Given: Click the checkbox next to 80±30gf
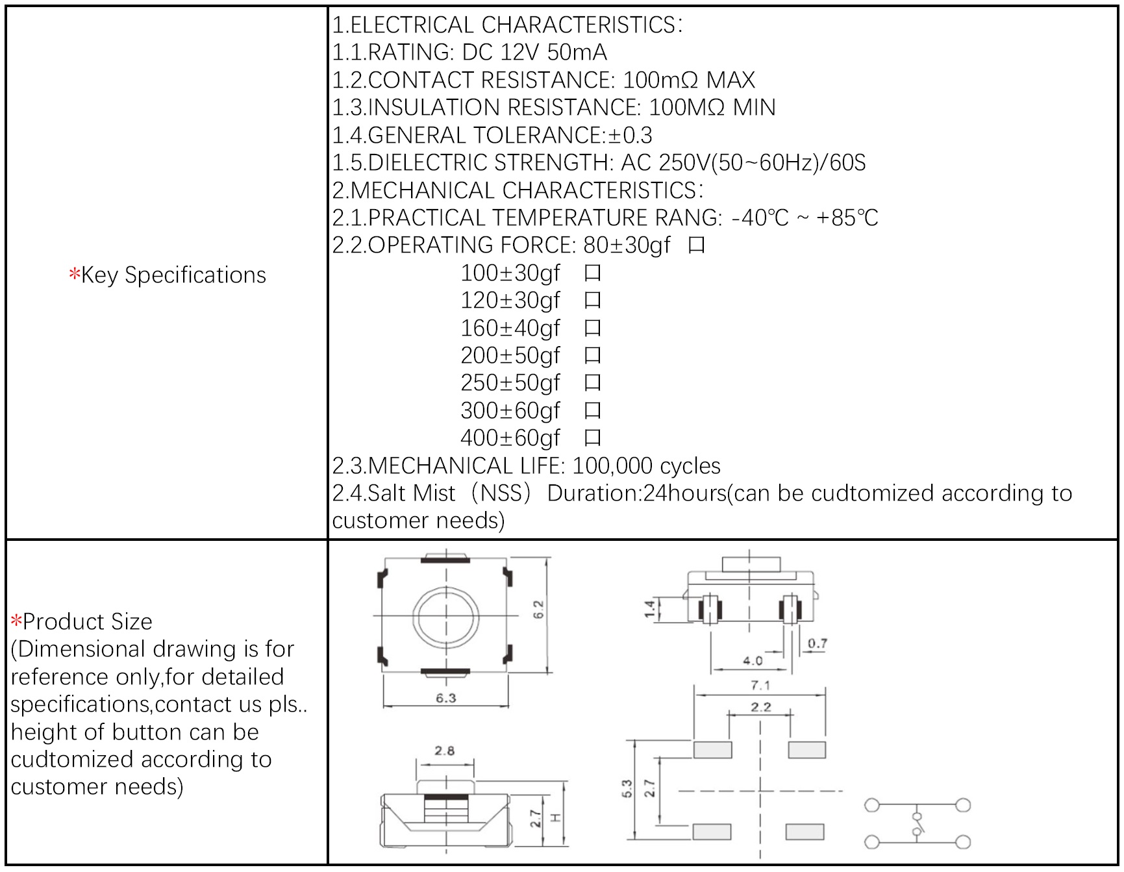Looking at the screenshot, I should point(696,245).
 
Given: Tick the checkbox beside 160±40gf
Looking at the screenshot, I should point(592,329).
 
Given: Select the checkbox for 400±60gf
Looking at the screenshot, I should point(592,438).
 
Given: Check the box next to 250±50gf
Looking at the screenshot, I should point(592,383).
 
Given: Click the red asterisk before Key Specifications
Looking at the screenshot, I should point(74,275).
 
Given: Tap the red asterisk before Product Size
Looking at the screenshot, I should point(16,621).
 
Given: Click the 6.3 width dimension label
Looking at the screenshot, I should point(445,698).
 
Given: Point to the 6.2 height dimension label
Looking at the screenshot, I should point(538,609).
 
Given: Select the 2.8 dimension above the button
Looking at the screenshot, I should point(444,751).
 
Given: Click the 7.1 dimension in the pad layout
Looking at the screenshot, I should point(760,685).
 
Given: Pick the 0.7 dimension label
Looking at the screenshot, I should point(818,643).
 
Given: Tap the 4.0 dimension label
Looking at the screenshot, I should point(753,660).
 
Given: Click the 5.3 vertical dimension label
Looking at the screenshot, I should point(627,789).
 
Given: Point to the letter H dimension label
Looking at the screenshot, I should point(556,817).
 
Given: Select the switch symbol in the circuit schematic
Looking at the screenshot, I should point(918,824).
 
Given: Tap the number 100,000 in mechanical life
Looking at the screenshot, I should point(612,466).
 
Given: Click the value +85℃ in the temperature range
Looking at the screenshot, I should point(847,218).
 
